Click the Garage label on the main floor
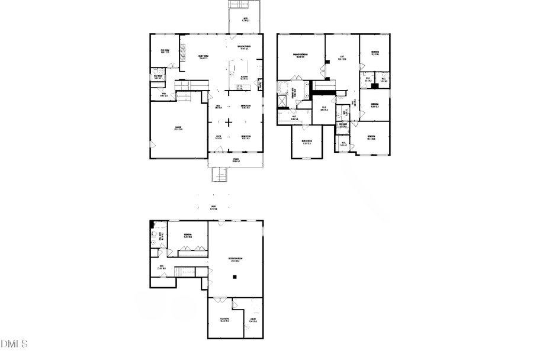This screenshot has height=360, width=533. click(178, 128)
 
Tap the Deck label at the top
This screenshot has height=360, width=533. click(246, 19)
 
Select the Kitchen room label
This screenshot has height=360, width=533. click(244, 77)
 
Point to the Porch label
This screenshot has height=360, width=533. click(236, 160)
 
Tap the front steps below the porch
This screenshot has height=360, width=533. click(220, 174)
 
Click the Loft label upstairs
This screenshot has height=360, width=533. click(342, 58)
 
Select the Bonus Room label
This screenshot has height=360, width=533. click(307, 141)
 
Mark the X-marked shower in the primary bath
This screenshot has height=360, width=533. click(284, 101)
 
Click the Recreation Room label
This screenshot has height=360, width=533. click(236, 259)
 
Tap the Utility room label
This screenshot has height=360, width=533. click(253, 320)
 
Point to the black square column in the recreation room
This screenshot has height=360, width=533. click(235, 277)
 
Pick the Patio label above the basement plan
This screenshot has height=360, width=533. click(213, 207)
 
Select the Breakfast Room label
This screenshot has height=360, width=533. click(243, 47)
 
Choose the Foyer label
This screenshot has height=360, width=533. click(218, 137)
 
